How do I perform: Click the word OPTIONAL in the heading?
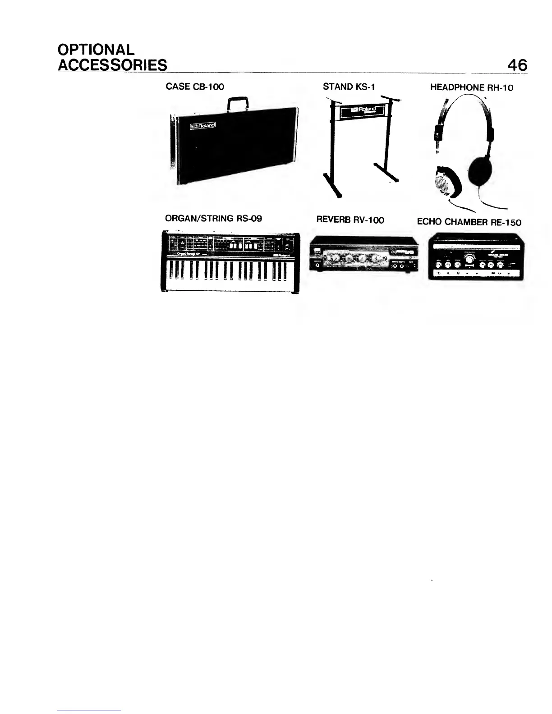(x=96, y=49)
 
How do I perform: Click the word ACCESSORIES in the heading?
(x=112, y=65)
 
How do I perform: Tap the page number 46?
(x=517, y=65)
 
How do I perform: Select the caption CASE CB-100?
(x=195, y=87)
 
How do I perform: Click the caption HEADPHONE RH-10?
(x=471, y=87)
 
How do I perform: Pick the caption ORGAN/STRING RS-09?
(x=213, y=219)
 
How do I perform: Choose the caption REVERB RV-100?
(x=350, y=220)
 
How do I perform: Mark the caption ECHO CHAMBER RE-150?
(x=469, y=222)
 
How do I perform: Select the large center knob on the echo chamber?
(x=470, y=259)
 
